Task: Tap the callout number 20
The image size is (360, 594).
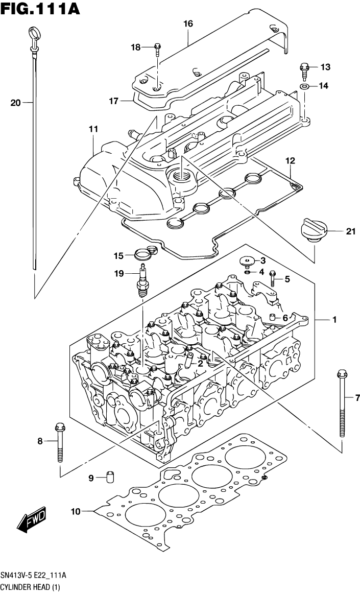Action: (15, 103)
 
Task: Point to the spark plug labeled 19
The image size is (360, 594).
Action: (142, 282)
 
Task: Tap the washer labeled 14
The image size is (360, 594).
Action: (304, 86)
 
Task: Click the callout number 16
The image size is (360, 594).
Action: (188, 23)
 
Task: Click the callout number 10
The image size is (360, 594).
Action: (76, 511)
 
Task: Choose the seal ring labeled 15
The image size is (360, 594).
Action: (143, 252)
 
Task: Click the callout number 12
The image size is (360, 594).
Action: (290, 161)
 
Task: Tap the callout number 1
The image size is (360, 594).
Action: (334, 320)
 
